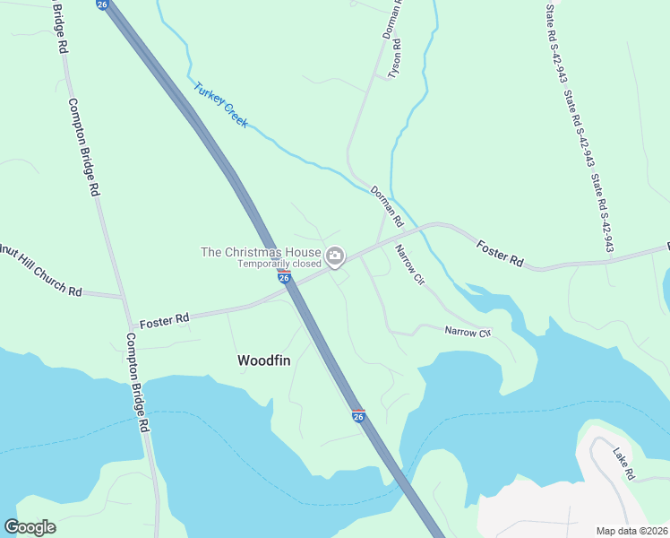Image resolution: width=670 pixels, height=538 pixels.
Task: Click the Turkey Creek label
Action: pyautogui.click(x=220, y=105)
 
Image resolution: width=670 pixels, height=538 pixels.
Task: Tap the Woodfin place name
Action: pyautogui.click(x=263, y=360)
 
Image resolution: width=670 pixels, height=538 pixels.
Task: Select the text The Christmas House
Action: pyautogui.click(x=261, y=253)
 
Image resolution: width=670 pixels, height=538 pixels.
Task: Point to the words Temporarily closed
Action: pyautogui.click(x=279, y=265)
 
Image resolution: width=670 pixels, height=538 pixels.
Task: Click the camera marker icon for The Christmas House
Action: pyautogui.click(x=335, y=258)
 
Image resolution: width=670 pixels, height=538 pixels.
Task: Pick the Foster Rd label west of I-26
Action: pyautogui.click(x=164, y=318)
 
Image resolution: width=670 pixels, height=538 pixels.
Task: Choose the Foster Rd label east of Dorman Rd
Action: pyautogui.click(x=500, y=251)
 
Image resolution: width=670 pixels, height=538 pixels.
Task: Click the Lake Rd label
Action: pyautogui.click(x=623, y=462)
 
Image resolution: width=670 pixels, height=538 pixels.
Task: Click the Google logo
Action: pyautogui.click(x=30, y=527)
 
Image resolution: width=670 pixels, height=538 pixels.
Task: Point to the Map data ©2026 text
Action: pyautogui.click(x=631, y=531)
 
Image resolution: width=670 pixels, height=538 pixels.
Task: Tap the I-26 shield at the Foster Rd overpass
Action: pyautogui.click(x=284, y=277)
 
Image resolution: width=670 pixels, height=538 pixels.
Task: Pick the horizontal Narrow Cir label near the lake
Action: pyautogui.click(x=468, y=333)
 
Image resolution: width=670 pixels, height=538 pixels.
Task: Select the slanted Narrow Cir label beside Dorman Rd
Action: pyautogui.click(x=408, y=265)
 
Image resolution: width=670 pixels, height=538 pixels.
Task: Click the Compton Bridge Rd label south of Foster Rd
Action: pyautogui.click(x=137, y=383)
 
